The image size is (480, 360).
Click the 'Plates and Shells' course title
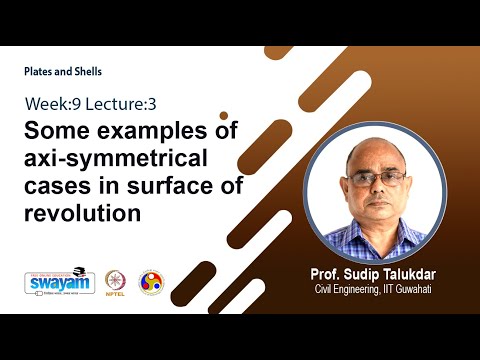point(63,71)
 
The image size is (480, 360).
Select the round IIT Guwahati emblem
point(151,283)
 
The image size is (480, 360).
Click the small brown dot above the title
point(224,115)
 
